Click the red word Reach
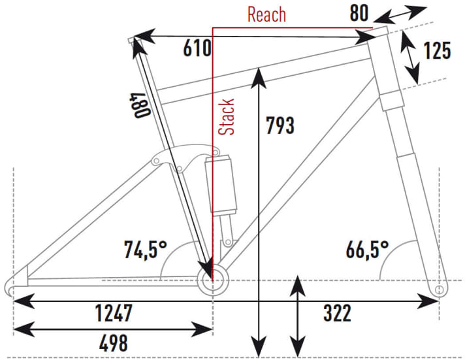click(x=266, y=14)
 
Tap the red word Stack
click(x=226, y=117)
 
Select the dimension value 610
click(x=197, y=48)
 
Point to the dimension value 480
click(x=140, y=106)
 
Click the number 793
click(x=280, y=125)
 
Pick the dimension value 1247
click(x=114, y=313)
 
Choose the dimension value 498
click(x=114, y=343)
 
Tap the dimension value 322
click(x=337, y=313)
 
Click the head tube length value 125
click(x=437, y=50)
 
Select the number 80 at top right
click(x=359, y=13)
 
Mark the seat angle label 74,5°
click(x=146, y=250)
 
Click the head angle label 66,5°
click(x=367, y=250)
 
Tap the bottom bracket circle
click(x=213, y=280)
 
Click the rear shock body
click(x=221, y=185)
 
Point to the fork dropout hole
click(x=440, y=289)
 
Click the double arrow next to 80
click(x=400, y=14)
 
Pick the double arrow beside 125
click(x=410, y=57)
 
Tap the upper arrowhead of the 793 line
click(x=259, y=78)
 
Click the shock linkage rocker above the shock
click(x=185, y=157)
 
